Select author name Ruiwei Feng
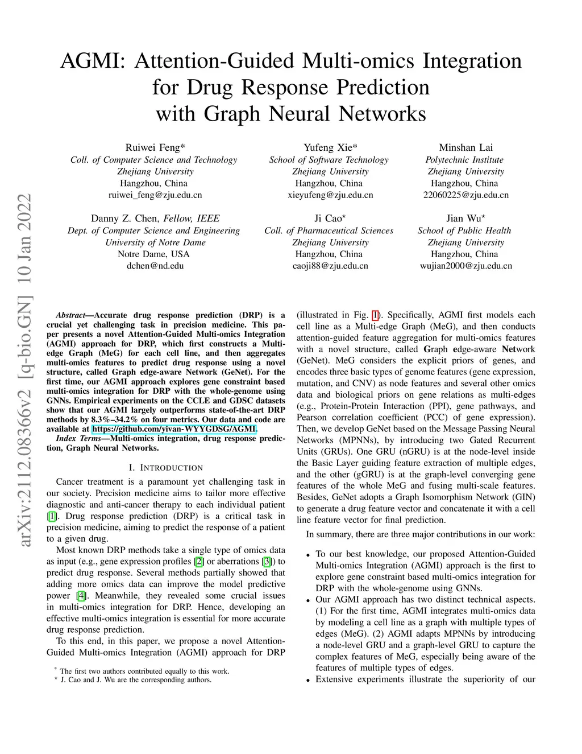point(153,147)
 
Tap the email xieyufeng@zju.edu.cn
point(330,195)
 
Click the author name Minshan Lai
point(465,147)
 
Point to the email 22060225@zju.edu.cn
point(465,195)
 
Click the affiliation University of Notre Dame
point(155,242)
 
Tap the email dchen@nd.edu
point(155,266)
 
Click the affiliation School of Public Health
point(464,230)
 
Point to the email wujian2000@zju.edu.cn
point(465,266)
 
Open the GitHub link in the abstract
point(174,429)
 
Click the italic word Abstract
point(70,315)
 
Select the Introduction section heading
point(165,468)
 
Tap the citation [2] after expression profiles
point(199,562)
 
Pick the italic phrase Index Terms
point(78,439)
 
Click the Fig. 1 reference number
point(375,315)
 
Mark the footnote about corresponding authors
point(135,679)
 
